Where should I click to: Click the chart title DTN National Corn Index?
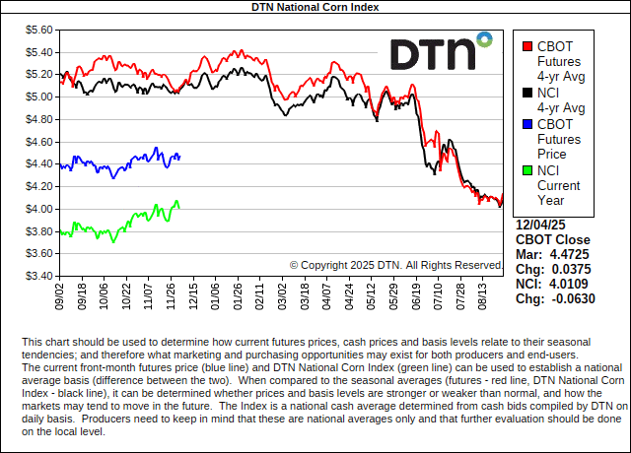(x=315, y=7)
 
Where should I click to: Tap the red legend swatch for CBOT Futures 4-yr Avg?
(x=527, y=45)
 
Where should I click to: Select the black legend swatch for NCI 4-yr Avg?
(x=527, y=94)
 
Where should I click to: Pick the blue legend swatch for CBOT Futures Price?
(x=527, y=125)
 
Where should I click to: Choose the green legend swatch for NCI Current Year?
(x=527, y=171)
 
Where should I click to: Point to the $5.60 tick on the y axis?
(x=37, y=30)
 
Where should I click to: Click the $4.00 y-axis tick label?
(x=37, y=209)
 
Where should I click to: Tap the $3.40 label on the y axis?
(x=37, y=276)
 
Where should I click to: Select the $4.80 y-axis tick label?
(x=37, y=119)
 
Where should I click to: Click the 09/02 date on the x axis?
(x=60, y=294)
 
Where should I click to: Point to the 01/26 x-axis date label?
(x=237, y=294)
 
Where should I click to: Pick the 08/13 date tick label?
(x=481, y=294)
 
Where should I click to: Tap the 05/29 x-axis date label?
(x=392, y=294)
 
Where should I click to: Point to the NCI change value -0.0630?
(x=571, y=298)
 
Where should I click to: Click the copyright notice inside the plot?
(x=396, y=265)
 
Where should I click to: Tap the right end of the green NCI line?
(x=178, y=205)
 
